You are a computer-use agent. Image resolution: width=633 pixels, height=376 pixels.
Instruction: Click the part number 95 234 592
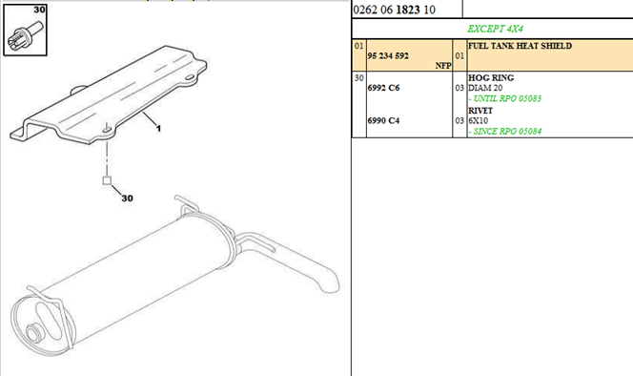tap(388, 55)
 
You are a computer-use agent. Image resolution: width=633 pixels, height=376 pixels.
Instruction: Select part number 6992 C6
tap(383, 88)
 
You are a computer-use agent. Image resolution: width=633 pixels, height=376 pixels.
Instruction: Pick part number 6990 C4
tap(383, 120)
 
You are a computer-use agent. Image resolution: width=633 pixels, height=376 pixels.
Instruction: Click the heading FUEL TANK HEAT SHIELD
tap(520, 46)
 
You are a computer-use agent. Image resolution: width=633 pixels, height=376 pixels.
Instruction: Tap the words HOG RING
tap(491, 77)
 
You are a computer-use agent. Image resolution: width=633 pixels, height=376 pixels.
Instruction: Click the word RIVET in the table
tap(480, 111)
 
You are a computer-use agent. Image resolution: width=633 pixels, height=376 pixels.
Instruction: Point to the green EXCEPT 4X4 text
tap(495, 29)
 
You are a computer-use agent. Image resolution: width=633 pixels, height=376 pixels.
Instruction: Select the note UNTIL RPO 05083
tap(505, 98)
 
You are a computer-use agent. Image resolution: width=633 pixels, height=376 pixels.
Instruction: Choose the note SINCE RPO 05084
tap(505, 132)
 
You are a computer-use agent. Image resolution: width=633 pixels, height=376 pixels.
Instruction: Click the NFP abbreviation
tap(443, 66)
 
